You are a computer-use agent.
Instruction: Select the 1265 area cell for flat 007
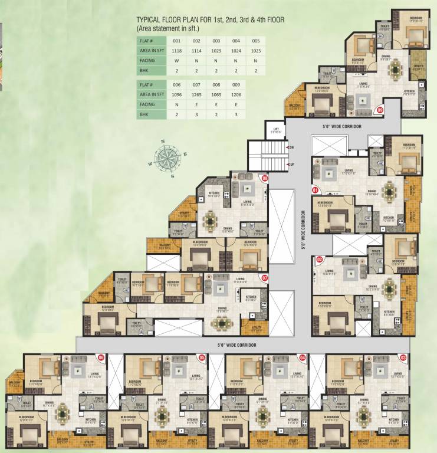(x=196, y=94)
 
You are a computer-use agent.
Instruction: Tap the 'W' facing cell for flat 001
(x=176, y=60)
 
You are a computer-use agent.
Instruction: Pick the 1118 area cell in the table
(x=176, y=51)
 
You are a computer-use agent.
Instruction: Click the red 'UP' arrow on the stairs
(x=289, y=164)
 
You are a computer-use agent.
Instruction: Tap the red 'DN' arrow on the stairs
(x=289, y=147)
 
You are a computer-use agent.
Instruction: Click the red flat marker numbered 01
(x=315, y=190)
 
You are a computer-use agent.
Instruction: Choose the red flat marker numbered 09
(x=380, y=110)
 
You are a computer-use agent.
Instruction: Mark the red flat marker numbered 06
(x=101, y=357)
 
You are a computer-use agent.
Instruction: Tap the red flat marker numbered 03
(x=403, y=357)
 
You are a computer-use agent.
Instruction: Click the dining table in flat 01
(x=390, y=192)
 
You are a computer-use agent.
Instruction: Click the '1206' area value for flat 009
(x=236, y=94)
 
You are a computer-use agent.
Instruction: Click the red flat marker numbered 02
(x=320, y=259)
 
